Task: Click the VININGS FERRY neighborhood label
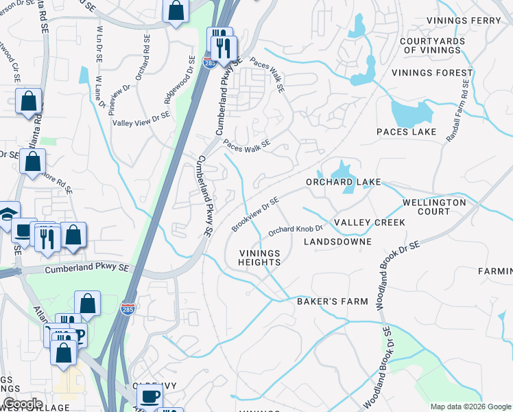464,21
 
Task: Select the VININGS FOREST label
432,73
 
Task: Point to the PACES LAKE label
407,132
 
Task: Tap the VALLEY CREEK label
369,222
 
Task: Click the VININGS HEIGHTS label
260,257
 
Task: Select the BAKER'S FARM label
332,301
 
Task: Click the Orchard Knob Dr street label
295,230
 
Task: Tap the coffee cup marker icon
150,396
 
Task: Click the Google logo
23,404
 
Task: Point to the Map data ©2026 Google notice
469,407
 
